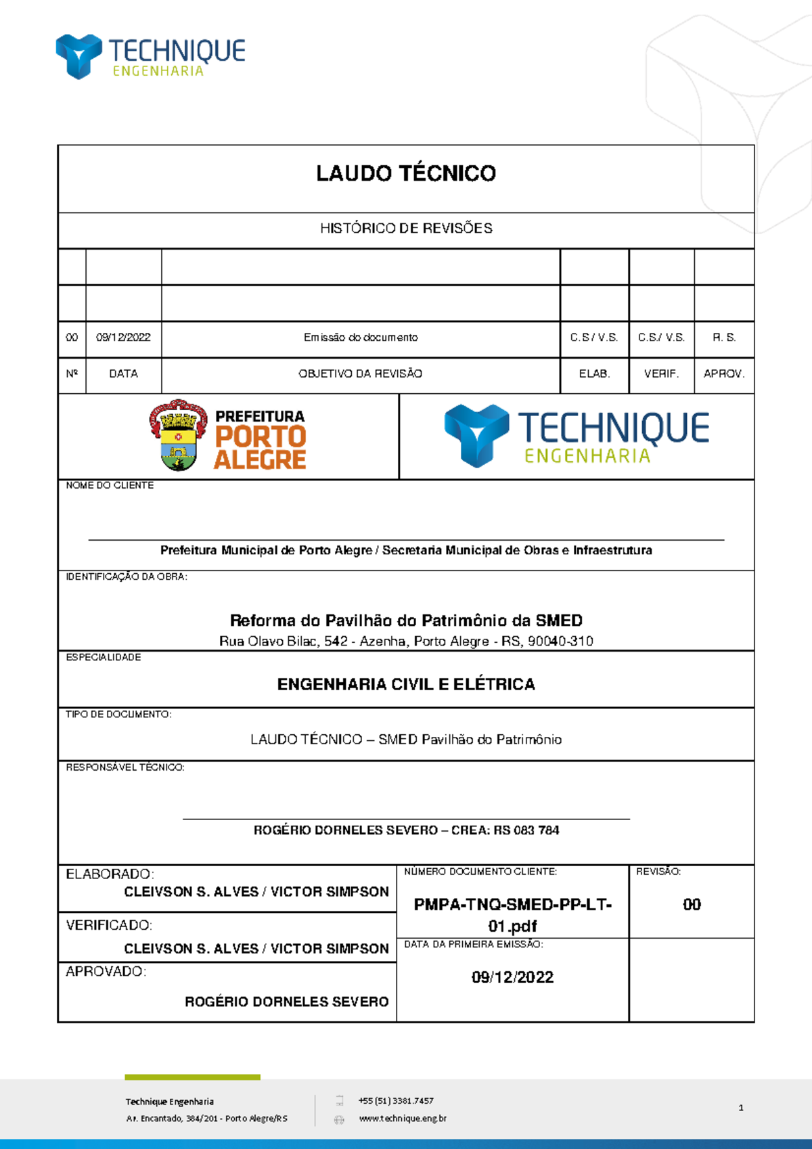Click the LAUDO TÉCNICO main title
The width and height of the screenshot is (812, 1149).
tap(406, 174)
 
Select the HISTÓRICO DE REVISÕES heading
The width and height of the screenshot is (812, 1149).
tap(406, 229)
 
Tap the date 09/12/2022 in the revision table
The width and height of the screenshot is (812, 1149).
tap(123, 337)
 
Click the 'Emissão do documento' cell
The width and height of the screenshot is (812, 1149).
tap(361, 337)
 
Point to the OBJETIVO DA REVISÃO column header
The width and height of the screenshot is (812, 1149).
tap(361, 374)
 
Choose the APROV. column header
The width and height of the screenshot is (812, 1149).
tap(723, 374)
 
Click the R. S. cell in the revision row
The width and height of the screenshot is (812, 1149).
tap(723, 337)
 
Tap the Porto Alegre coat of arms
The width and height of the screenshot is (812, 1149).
tap(179, 435)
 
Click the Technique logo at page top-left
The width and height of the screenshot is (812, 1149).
tap(150, 56)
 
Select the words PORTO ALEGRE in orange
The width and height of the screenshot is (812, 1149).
tap(261, 448)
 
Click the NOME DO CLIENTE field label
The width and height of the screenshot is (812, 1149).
tap(110, 485)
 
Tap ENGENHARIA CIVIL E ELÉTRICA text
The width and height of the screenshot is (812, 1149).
tap(406, 684)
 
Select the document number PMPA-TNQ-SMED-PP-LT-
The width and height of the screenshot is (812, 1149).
tap(512, 905)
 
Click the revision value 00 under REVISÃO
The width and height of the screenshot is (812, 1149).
tap(692, 905)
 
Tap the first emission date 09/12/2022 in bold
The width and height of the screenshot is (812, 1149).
tap(512, 977)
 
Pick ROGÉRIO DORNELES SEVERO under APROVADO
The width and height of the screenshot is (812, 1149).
tap(286, 1001)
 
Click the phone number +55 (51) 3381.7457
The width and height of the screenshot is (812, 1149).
tap(396, 1101)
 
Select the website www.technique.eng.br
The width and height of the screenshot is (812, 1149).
tap(403, 1119)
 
